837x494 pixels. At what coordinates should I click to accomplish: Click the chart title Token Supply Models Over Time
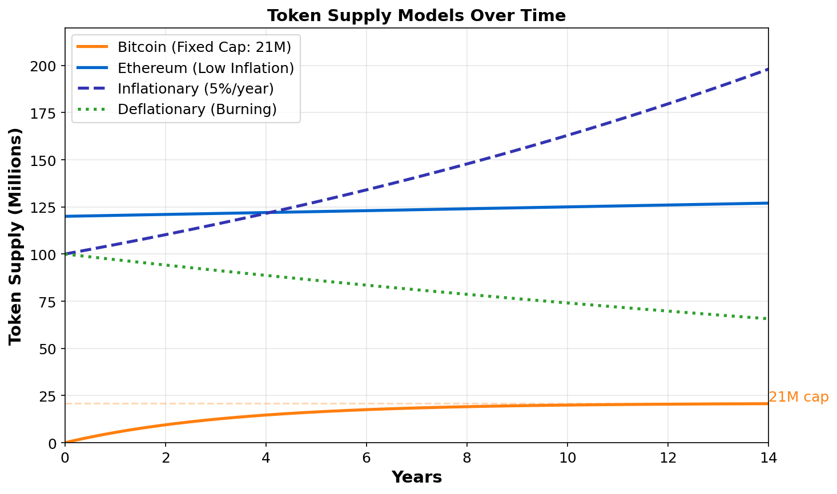click(416, 15)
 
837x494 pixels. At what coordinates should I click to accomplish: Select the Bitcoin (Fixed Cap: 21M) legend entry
click(204, 47)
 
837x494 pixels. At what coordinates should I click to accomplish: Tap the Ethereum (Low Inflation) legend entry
click(206, 68)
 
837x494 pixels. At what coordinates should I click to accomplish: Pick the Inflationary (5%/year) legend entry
click(195, 88)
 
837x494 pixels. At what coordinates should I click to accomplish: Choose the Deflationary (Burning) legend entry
click(197, 109)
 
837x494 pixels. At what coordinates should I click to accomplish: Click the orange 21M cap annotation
click(798, 397)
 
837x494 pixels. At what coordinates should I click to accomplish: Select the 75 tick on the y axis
click(50, 302)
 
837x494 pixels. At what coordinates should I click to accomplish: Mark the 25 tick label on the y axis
click(50, 396)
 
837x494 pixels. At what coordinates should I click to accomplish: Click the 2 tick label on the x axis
click(166, 457)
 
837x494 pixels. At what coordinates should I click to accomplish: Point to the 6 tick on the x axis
click(367, 457)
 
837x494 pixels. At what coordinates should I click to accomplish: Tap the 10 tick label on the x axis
click(568, 457)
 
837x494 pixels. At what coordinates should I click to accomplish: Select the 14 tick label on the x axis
click(768, 457)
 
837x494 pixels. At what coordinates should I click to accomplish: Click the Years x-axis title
click(416, 477)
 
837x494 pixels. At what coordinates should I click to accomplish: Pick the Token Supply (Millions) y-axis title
click(15, 236)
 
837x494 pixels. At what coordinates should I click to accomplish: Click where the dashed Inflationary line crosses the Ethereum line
click(267, 213)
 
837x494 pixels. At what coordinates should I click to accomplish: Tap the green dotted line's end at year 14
click(768, 319)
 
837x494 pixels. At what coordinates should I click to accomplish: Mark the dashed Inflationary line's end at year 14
click(768, 69)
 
